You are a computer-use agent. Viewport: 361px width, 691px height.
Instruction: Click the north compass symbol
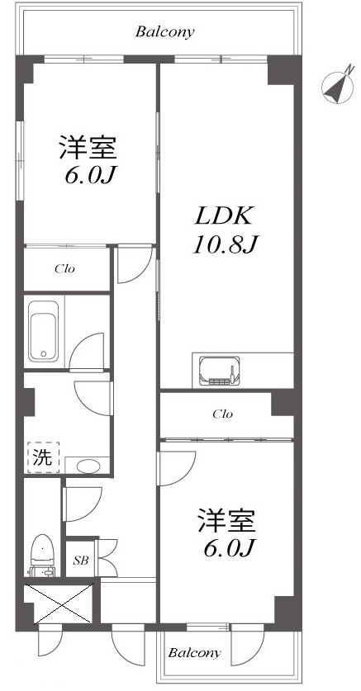click(x=338, y=87)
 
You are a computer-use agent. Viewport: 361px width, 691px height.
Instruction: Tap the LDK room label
click(x=224, y=216)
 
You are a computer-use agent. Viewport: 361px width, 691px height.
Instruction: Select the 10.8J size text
click(x=225, y=244)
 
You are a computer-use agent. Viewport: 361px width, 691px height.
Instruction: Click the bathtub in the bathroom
click(x=44, y=330)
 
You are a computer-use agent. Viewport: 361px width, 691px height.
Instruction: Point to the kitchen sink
click(x=219, y=370)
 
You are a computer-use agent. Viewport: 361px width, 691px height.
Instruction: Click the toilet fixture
click(x=42, y=555)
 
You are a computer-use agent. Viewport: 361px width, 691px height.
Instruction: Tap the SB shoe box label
click(x=81, y=561)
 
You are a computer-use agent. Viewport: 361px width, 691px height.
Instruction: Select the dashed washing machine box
click(x=43, y=457)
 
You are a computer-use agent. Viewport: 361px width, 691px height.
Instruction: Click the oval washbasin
click(x=88, y=466)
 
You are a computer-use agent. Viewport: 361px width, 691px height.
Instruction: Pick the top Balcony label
click(x=165, y=32)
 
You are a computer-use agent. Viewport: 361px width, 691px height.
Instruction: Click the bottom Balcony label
click(x=194, y=652)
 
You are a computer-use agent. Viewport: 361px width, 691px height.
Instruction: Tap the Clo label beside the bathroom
click(x=64, y=268)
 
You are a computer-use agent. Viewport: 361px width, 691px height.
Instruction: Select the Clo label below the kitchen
click(x=222, y=414)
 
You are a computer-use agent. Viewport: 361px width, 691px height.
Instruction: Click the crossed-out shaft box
click(x=59, y=603)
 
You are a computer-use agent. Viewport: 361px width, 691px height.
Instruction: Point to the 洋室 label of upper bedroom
click(x=88, y=148)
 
